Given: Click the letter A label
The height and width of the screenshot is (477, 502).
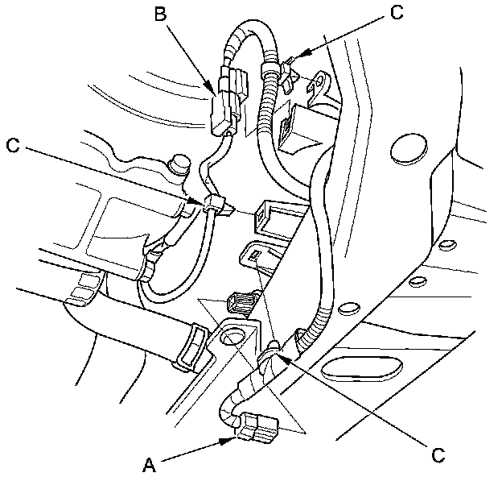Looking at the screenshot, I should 147,463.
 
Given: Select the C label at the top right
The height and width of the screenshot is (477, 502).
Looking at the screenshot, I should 396,12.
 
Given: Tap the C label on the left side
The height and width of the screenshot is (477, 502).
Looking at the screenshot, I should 11,146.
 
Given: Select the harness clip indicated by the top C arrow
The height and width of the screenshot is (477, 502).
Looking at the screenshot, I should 290,73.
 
